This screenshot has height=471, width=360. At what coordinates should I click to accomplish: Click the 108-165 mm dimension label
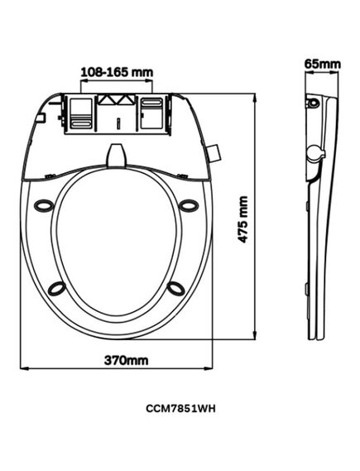117,71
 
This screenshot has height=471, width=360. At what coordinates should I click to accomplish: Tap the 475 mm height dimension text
242,218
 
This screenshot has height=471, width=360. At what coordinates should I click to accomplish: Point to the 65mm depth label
322,63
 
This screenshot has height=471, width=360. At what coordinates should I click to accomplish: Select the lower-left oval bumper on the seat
57,286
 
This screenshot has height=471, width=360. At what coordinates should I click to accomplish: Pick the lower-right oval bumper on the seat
176,286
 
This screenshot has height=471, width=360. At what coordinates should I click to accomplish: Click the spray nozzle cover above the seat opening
117,155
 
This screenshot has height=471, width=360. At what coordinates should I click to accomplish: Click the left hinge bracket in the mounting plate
79,112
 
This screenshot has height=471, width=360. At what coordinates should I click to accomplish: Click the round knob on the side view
314,155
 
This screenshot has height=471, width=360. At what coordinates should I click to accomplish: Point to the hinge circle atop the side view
313,104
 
